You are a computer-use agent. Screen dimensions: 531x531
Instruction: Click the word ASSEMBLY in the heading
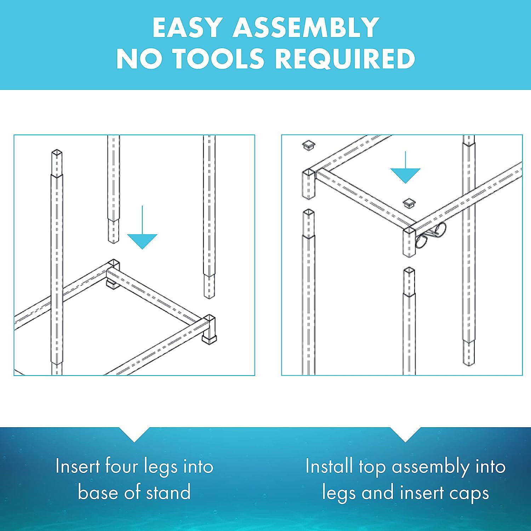click(x=306, y=27)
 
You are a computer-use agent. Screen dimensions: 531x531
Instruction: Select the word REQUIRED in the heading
click(x=345, y=58)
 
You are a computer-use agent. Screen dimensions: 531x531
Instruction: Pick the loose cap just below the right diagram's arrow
click(x=409, y=203)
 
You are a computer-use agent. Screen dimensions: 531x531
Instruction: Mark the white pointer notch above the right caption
click(x=406, y=434)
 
